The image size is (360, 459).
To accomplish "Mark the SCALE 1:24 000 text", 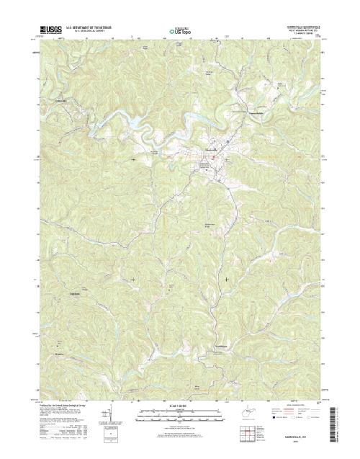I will point(179,405).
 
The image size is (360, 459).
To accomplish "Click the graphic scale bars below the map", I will point(179,414).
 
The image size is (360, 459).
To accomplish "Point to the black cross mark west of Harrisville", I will point(134,158).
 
